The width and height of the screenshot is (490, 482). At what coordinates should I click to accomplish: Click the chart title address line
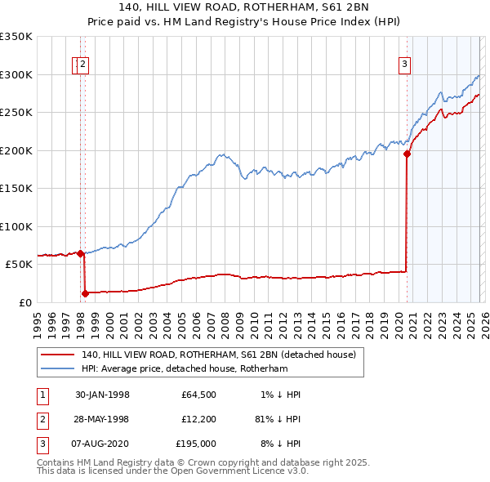point(245,7)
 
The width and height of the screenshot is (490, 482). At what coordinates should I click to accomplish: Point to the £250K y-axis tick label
point(16,112)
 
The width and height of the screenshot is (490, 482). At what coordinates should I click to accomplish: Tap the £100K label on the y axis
point(16,226)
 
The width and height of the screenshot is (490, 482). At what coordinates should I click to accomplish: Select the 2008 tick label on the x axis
point(225,319)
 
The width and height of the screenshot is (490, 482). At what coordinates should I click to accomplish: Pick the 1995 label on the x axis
point(38,319)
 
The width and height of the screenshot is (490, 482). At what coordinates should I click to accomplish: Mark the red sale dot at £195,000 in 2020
point(407,154)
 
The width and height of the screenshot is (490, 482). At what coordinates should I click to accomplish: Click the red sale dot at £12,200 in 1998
point(85,292)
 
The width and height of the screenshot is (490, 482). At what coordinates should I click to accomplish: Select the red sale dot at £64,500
point(81,253)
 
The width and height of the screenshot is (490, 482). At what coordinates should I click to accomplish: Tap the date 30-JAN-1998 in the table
point(102,394)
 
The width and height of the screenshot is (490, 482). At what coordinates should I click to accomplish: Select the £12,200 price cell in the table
point(198,419)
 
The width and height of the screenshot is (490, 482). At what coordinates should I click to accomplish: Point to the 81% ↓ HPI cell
point(278,419)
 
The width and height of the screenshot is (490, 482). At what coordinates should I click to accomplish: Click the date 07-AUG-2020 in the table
point(102,444)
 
